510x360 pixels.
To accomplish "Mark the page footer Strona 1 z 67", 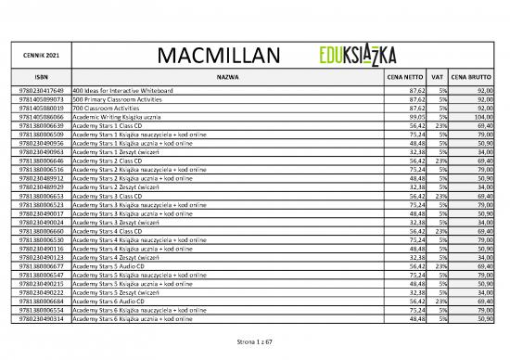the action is click(254, 341).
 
